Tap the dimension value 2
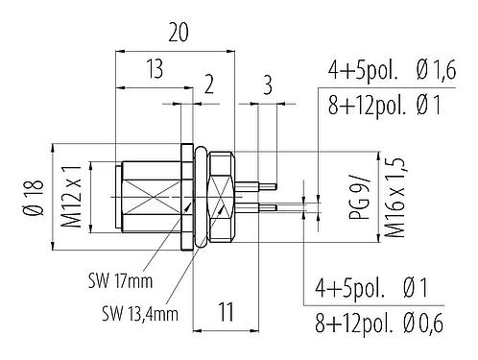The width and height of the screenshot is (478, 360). pos(209,84)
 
